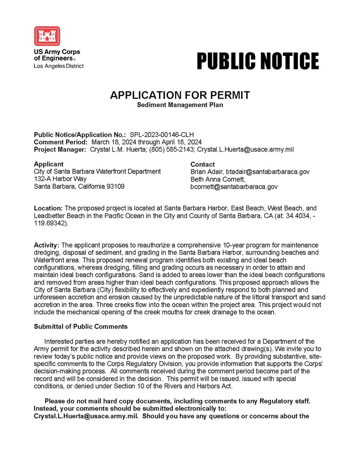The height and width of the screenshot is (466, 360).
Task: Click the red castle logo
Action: (x=47, y=36)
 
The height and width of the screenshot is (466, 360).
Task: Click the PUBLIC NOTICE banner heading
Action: (x=258, y=61)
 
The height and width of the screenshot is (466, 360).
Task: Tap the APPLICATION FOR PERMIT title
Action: (x=180, y=95)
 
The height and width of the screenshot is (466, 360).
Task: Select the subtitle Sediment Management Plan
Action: (x=180, y=105)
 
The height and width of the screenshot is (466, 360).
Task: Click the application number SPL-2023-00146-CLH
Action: (x=162, y=135)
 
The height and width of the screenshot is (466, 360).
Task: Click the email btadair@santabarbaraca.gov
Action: (x=267, y=171)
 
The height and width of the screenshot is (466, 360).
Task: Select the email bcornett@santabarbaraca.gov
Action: (x=234, y=186)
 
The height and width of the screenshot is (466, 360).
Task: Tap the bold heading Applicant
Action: (x=48, y=164)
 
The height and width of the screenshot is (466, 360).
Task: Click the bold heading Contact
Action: (x=202, y=164)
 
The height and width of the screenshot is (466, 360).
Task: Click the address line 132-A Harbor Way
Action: (x=60, y=179)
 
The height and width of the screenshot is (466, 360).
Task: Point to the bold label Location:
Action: (x=48, y=208)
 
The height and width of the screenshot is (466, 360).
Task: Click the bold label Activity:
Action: (x=46, y=245)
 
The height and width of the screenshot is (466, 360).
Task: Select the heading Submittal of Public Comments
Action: (x=81, y=326)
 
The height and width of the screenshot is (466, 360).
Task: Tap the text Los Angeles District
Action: (x=58, y=66)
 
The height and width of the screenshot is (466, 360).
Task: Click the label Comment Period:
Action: (x=60, y=142)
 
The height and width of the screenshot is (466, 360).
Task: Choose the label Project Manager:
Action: (x=60, y=149)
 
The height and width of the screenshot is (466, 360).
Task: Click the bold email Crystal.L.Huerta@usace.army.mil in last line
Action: (x=86, y=416)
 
